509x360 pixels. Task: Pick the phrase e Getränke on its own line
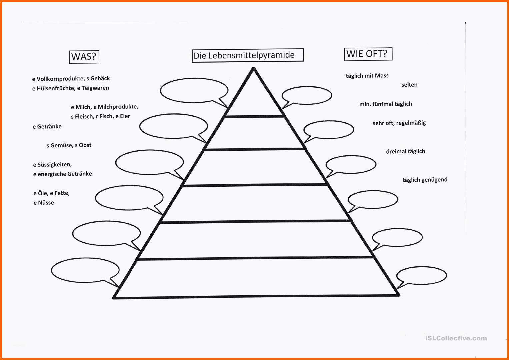point(47,126)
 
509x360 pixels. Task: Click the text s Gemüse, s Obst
point(69,145)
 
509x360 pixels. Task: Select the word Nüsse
point(46,203)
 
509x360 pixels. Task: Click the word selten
point(409,85)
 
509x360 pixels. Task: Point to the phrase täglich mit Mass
point(367,76)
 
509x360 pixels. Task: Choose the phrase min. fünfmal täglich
point(386,104)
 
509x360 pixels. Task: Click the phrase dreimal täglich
point(406,151)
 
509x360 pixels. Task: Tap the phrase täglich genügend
point(425,180)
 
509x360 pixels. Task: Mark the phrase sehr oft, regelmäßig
point(399,123)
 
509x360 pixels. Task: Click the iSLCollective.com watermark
point(456,338)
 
